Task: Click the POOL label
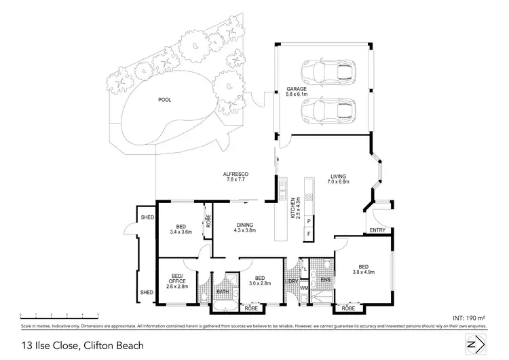[x=164, y=100]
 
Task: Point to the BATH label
[x=223, y=293]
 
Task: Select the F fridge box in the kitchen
[x=309, y=234]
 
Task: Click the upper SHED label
[x=147, y=217]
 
